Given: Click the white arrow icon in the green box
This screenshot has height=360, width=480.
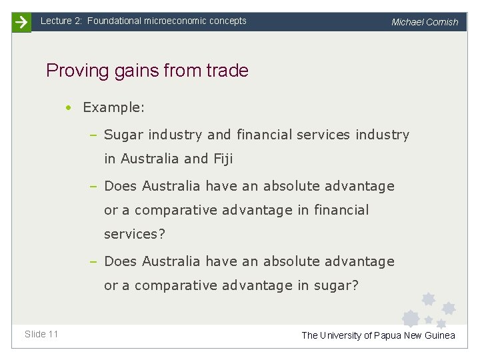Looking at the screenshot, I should click(x=21, y=22).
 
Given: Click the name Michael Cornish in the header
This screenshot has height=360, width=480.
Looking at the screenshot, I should click(x=425, y=22).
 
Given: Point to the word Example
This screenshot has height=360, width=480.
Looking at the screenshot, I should click(x=113, y=107).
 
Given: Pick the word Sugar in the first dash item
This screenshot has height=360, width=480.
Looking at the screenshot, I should click(x=124, y=135).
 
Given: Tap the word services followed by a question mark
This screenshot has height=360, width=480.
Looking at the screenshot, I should click(x=134, y=235).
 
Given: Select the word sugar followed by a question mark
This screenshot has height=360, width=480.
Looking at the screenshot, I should click(x=336, y=286).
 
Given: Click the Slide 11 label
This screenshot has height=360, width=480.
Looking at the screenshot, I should click(x=41, y=334).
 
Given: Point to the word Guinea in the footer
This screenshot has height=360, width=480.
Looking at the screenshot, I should click(x=439, y=335).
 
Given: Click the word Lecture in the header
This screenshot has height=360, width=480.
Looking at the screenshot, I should click(x=55, y=21).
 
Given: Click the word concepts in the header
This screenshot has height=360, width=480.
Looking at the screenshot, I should click(x=227, y=21).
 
